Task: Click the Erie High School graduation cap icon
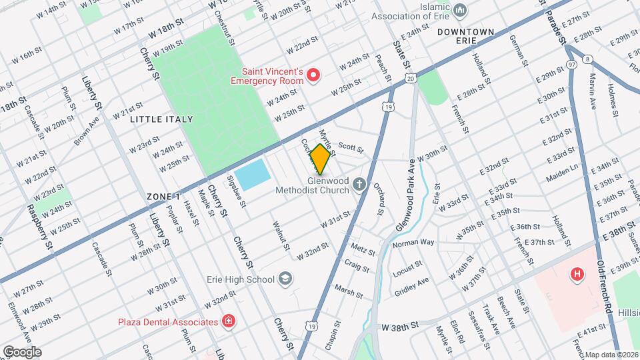pos(285,279)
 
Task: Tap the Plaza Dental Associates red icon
pos(229,322)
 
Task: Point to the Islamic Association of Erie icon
pos(460,11)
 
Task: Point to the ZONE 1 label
pos(163,197)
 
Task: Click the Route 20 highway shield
pos(410,79)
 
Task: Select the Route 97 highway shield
pos(571,63)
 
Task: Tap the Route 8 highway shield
pos(587,59)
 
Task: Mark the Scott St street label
pos(351,147)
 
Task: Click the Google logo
pos(22,351)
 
